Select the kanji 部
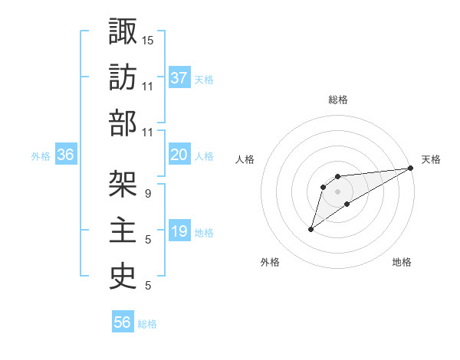(123, 123)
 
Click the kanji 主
(123, 231)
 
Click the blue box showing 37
(179, 77)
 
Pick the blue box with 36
(66, 155)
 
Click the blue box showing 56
(123, 322)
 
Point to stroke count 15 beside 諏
(149, 39)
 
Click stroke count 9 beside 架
(148, 194)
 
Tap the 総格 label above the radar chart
(338, 100)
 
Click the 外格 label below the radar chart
(270, 262)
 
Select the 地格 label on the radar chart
(402, 262)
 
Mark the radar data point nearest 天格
(410, 168)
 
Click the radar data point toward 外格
(311, 228)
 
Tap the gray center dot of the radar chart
(337, 191)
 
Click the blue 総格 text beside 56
(147, 323)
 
